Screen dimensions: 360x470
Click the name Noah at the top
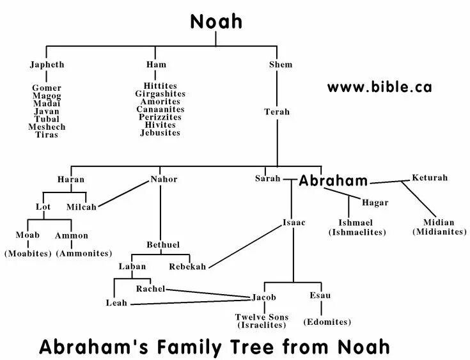click(216, 22)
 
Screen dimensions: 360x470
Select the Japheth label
click(47, 65)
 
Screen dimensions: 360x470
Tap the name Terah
click(277, 112)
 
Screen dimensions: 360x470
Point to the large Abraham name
click(333, 180)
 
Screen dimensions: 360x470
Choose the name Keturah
click(430, 177)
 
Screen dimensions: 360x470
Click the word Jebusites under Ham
click(160, 133)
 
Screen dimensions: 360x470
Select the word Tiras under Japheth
click(47, 135)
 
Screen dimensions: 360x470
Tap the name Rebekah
click(187, 267)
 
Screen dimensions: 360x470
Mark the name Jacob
click(263, 298)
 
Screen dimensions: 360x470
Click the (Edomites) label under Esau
click(327, 322)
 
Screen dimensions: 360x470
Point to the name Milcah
click(81, 207)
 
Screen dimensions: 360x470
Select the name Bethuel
click(162, 244)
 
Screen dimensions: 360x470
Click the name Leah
click(116, 302)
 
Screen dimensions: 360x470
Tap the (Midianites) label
click(439, 231)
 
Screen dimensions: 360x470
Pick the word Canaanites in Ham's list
click(160, 109)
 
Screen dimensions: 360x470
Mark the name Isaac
click(294, 223)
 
